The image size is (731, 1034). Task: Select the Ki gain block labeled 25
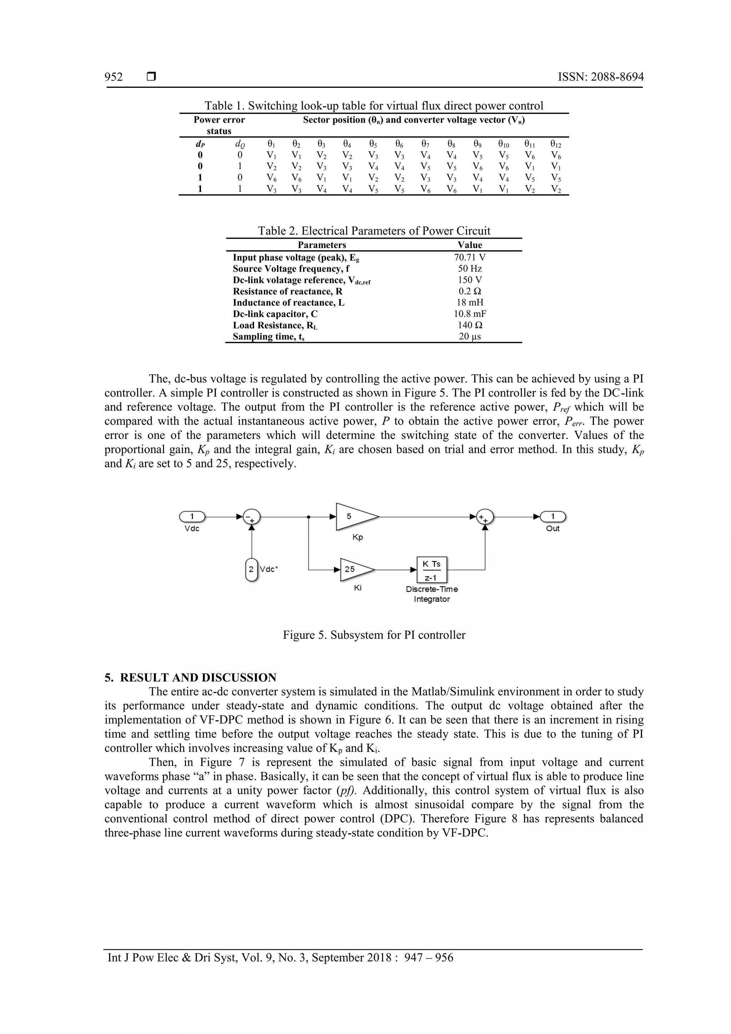[x=355, y=569]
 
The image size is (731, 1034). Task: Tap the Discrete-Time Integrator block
[x=432, y=570]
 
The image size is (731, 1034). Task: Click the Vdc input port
[x=192, y=516]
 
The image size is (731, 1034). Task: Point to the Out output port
[x=553, y=516]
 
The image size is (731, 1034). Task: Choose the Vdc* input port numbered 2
[x=251, y=569]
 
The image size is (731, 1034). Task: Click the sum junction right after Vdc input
[x=251, y=517]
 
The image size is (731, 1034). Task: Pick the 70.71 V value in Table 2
[x=469, y=258]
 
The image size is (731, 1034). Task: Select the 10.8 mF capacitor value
[x=469, y=314]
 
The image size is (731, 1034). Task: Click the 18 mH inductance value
[x=469, y=303]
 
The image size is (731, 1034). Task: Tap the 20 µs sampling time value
[x=469, y=337]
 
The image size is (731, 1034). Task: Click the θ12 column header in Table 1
[x=555, y=144]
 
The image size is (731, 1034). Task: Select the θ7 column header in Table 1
[x=425, y=144]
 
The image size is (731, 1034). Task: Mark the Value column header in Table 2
[x=469, y=245]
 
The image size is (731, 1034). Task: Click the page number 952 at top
[x=114, y=77]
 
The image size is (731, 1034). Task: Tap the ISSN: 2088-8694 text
[x=600, y=77]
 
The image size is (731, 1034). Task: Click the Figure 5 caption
[x=374, y=635]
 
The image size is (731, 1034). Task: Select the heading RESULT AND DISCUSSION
[x=198, y=678]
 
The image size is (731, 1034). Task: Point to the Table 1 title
[x=374, y=106]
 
